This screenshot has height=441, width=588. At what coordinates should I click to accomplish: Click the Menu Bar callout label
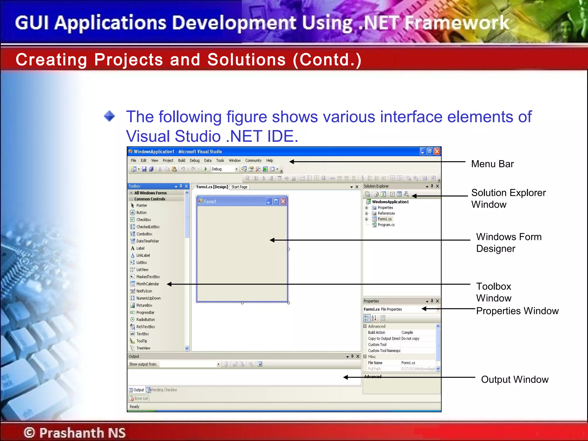tap(492, 164)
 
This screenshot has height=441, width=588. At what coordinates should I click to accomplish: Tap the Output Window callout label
tap(514, 380)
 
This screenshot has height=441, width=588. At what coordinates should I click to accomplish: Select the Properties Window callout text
tap(517, 311)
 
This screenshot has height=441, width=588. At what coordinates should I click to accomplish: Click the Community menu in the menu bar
tap(253, 160)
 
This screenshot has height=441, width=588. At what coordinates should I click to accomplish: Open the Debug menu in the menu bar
tap(194, 160)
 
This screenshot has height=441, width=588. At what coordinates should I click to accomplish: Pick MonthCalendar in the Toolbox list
tap(148, 284)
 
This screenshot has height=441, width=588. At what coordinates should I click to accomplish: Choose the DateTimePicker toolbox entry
tap(148, 241)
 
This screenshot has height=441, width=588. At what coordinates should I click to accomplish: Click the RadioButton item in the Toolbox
tap(145, 320)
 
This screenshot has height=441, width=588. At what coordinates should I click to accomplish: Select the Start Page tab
tap(239, 187)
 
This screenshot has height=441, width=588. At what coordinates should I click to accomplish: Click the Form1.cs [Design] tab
tap(212, 187)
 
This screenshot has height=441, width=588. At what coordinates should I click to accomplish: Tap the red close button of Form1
tap(283, 202)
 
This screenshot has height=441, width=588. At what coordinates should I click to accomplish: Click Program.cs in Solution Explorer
tap(386, 225)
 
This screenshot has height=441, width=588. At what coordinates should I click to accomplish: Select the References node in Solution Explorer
tap(386, 213)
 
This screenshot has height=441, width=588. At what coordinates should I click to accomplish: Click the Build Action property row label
tap(376, 332)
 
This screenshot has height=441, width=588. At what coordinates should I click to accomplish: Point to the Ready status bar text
tap(134, 407)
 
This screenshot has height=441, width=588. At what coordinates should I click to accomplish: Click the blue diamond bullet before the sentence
tap(109, 116)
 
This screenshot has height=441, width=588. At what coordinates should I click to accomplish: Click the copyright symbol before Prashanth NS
tap(29, 432)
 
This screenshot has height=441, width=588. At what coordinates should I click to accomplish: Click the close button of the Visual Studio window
tap(437, 152)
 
